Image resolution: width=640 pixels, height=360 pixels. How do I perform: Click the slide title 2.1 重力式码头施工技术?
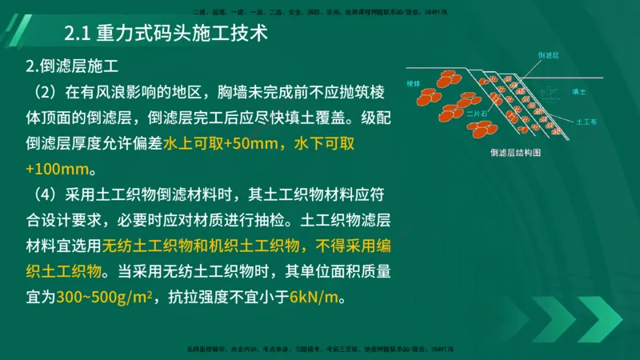[165, 34]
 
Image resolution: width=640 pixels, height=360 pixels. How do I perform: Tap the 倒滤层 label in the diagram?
[548, 55]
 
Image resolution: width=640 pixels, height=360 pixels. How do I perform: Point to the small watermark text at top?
[320, 12]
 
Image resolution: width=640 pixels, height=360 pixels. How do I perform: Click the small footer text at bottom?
[320, 349]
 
